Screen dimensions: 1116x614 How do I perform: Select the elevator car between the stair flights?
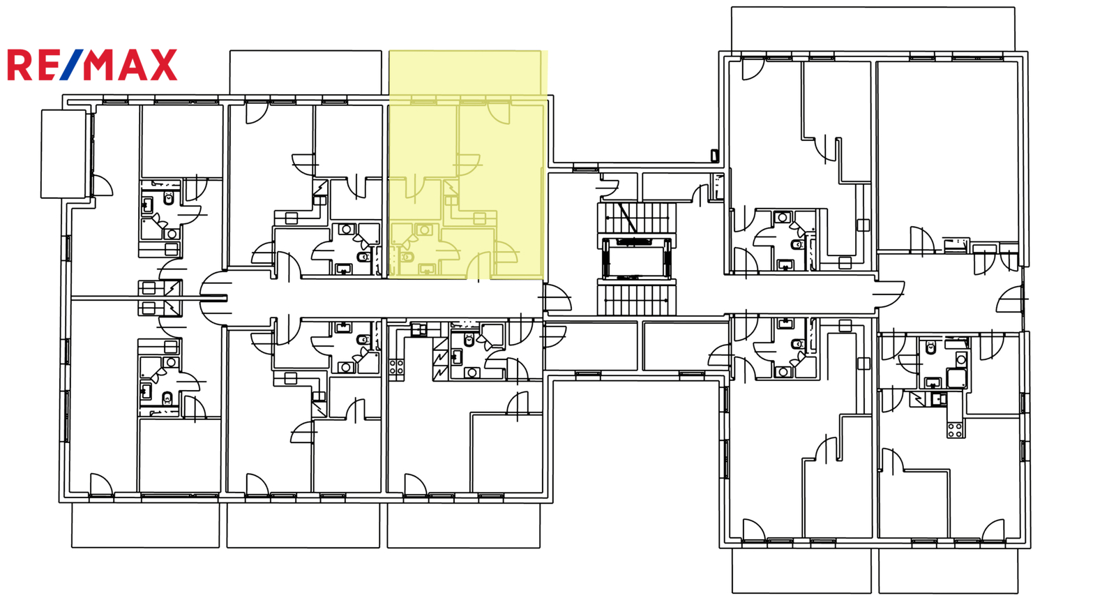tap(636, 258)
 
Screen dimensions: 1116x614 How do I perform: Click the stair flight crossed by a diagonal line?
tap(636, 218)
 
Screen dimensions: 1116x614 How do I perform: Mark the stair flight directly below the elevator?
tap(636, 298)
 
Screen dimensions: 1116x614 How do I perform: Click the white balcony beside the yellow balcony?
tap(306, 73)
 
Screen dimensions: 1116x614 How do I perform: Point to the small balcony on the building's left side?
tap(63, 154)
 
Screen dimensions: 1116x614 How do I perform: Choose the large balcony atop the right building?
tap(873, 29)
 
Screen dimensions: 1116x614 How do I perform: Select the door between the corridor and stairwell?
tap(557, 297)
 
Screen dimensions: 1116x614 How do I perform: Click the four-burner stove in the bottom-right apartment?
tap(955, 430)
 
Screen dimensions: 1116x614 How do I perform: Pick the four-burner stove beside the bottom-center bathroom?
tap(396, 367)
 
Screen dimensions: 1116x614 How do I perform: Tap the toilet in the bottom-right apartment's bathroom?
tap(930, 347)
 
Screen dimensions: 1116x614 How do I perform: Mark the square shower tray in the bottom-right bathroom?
tap(956, 378)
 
